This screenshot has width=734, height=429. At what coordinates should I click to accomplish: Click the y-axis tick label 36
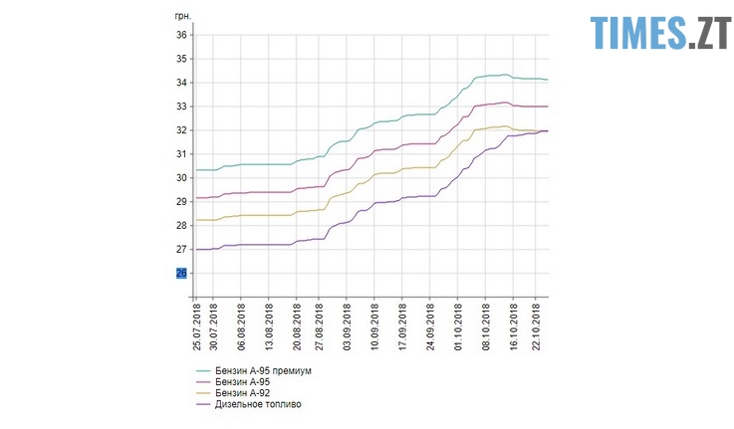click(x=181, y=35)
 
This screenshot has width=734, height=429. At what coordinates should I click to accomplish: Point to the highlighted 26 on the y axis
click(x=181, y=273)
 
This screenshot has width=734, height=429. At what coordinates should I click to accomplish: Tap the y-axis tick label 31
click(x=181, y=154)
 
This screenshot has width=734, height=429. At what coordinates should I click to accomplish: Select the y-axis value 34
click(x=181, y=83)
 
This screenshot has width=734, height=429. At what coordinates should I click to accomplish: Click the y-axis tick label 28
click(x=181, y=225)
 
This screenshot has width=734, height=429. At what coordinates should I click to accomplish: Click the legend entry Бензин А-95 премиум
click(x=264, y=371)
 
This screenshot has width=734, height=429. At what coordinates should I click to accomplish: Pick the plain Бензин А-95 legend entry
click(x=244, y=382)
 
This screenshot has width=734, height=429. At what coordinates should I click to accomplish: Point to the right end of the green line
click(x=548, y=80)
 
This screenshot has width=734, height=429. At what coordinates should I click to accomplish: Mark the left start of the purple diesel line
click(x=196, y=250)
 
